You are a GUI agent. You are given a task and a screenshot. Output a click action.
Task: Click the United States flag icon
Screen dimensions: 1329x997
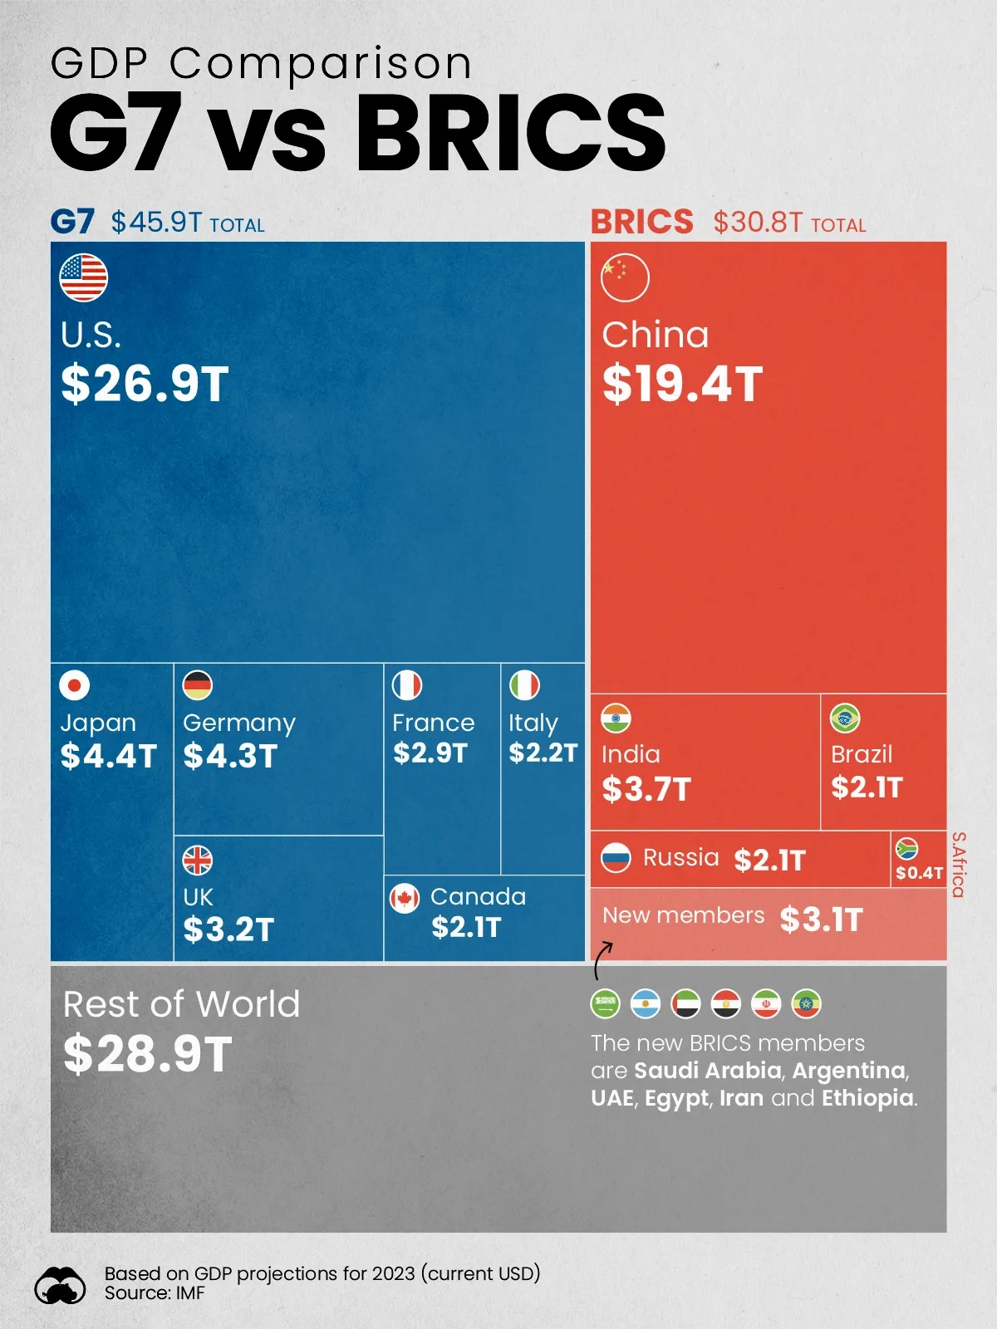tap(84, 277)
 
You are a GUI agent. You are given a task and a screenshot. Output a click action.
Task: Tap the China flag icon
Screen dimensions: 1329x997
tap(625, 277)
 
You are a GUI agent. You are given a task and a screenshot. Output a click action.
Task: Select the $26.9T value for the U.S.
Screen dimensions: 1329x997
tap(145, 384)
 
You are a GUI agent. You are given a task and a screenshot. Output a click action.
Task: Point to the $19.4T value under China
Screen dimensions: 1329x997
tap(682, 384)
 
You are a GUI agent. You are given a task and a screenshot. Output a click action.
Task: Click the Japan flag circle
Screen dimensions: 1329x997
tap(75, 685)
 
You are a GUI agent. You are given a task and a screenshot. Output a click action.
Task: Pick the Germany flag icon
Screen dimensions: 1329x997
tap(198, 685)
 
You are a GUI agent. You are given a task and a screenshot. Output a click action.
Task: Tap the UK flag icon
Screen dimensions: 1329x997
tap(198, 861)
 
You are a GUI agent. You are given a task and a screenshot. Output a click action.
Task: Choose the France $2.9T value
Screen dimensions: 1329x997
tap(430, 753)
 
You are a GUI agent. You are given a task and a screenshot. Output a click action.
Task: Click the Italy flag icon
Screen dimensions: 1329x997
tap(524, 685)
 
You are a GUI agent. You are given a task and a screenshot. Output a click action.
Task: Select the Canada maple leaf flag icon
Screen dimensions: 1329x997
tap(405, 898)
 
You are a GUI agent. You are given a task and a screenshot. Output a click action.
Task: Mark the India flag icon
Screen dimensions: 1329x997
tap(616, 718)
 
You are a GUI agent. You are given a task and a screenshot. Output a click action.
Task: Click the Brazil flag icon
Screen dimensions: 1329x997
tap(845, 718)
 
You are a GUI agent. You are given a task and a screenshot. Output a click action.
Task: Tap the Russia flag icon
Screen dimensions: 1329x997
tap(616, 857)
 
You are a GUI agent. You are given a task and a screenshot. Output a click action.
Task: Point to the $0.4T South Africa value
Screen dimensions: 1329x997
tap(919, 873)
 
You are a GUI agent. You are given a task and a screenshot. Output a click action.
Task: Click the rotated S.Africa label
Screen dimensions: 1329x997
tap(958, 865)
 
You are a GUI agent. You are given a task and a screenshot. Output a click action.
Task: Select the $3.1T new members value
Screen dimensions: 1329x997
tap(822, 920)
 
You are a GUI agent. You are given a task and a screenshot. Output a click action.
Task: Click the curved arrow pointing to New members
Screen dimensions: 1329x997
tap(602, 960)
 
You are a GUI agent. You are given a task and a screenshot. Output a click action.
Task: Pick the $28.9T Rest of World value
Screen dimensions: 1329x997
tap(148, 1054)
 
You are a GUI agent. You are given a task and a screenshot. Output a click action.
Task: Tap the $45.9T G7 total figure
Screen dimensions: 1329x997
tap(156, 223)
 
